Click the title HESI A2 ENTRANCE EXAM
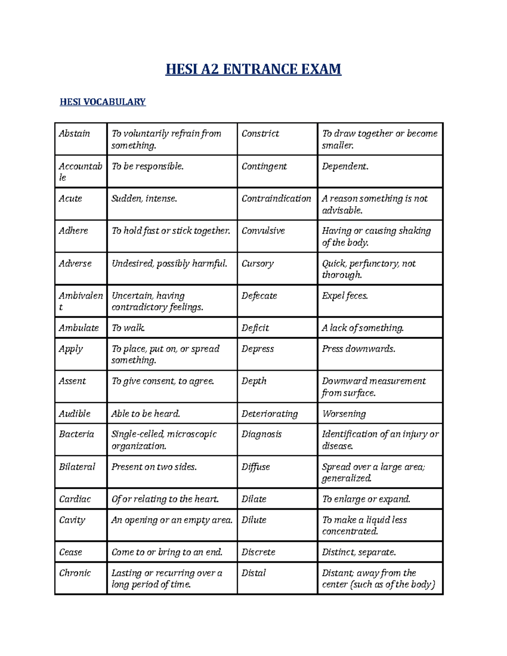click(253, 69)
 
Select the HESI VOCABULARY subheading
click(103, 102)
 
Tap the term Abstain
click(74, 133)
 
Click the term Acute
click(71, 199)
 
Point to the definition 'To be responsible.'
click(147, 166)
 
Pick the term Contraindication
click(276, 199)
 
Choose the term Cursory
click(258, 264)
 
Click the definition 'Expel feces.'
click(345, 296)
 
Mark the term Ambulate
click(79, 328)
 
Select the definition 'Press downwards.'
click(359, 349)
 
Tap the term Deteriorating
click(270, 414)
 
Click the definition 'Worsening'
click(344, 414)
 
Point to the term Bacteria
click(76, 434)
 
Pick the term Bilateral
click(77, 467)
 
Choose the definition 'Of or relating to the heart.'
click(165, 499)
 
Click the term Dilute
click(254, 520)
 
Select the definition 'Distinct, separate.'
click(359, 552)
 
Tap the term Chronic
click(75, 573)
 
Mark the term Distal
click(253, 573)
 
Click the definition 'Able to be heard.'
click(146, 414)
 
